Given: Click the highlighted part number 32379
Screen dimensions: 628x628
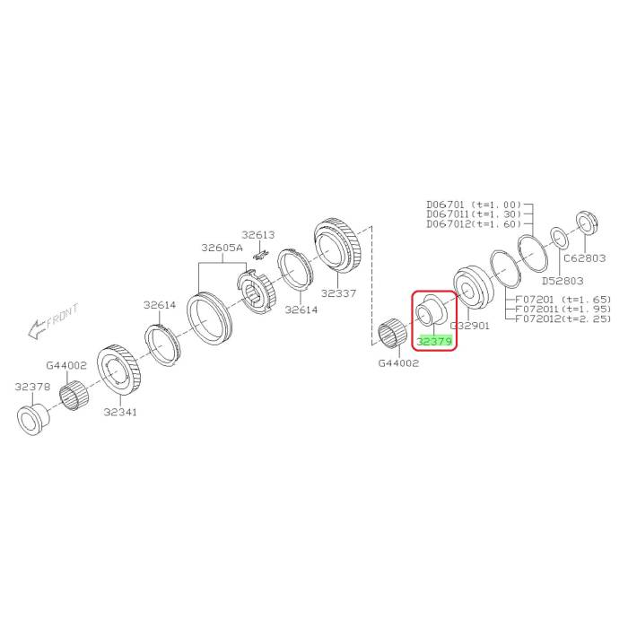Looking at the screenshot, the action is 434,341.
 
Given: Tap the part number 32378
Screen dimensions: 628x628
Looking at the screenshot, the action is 33,387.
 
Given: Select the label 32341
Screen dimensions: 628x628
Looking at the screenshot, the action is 120,412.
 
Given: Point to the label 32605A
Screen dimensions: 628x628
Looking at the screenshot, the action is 222,248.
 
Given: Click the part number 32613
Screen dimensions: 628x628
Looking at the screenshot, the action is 258,235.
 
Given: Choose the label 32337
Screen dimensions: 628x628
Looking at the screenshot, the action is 338,293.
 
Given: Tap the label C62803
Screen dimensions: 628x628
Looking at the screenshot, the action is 585,258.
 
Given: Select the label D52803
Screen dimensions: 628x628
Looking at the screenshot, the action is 563,281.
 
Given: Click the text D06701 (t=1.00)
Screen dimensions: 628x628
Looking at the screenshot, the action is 475,205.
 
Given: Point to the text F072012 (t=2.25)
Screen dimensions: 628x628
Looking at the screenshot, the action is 563,318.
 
